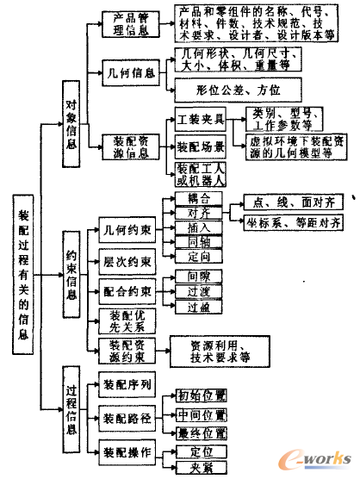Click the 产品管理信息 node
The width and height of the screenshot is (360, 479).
[x=129, y=24]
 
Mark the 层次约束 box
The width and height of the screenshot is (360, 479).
[x=126, y=261]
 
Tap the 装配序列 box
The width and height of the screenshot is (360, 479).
[x=126, y=383]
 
